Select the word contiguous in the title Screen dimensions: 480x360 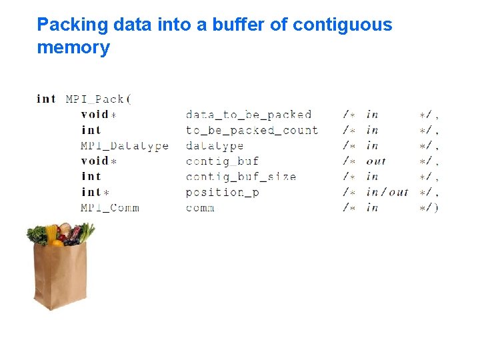[x=343, y=25]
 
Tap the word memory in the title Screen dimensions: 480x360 [x=73, y=48]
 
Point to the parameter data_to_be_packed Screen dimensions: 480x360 [x=249, y=115]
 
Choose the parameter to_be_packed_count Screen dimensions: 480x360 [x=251, y=130]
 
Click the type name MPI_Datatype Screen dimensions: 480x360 [x=125, y=145]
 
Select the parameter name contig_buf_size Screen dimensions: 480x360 [x=241, y=177]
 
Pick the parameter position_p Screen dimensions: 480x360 [x=222, y=192]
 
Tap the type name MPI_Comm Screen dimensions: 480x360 [x=110, y=207]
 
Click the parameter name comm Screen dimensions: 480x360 [x=200, y=207]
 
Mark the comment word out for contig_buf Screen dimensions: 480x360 [x=376, y=161]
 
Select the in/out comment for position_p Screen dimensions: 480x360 [x=387, y=192]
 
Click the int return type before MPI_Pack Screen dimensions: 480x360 [x=46, y=99]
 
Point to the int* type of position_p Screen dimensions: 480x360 [x=94, y=192]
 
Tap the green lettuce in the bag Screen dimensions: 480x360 [x=37, y=235]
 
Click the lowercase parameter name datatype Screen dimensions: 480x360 [x=214, y=145]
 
